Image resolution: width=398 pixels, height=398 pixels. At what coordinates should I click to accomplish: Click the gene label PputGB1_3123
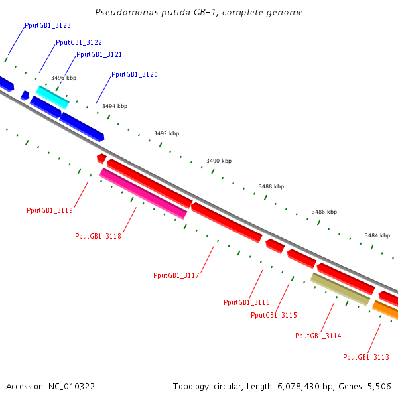(x=48, y=25)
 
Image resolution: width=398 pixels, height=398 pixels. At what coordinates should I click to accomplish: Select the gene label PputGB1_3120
(x=135, y=74)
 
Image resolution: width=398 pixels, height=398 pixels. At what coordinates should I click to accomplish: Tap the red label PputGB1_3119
(x=50, y=210)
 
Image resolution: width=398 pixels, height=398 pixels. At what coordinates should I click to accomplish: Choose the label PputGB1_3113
(x=366, y=357)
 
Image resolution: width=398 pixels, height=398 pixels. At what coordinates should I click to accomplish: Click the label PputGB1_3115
(x=274, y=315)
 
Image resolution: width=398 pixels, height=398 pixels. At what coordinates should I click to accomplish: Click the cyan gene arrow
(x=52, y=97)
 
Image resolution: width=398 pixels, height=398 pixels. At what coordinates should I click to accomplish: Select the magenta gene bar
(x=143, y=193)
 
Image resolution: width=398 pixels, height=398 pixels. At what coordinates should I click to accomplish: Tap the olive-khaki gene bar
(x=340, y=289)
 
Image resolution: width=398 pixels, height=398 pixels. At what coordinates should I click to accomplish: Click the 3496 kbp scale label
(x=64, y=78)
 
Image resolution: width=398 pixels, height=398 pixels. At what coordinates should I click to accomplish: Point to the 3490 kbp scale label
(x=219, y=161)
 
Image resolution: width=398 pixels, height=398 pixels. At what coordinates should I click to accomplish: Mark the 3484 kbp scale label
(x=377, y=235)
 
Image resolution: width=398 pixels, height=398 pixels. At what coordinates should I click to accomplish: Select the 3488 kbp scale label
(x=271, y=186)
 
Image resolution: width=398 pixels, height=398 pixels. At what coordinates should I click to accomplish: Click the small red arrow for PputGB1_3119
(x=101, y=158)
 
